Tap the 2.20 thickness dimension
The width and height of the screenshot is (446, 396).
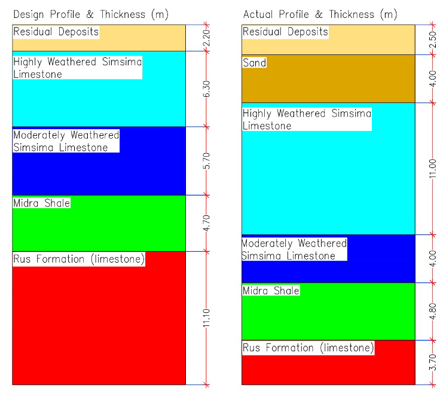[207, 38]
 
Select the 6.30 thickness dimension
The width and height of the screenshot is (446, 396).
[207, 89]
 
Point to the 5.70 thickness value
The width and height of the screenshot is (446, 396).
[207, 160]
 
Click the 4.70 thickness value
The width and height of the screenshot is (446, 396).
[207, 223]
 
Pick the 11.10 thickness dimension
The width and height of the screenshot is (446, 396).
[207, 318]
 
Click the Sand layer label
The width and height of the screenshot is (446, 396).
[255, 63]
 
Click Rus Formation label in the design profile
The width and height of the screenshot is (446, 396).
[79, 259]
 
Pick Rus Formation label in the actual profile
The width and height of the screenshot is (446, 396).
[308, 348]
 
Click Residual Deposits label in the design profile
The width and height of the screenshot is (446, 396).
[56, 32]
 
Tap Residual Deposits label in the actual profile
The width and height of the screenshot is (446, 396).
[285, 32]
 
